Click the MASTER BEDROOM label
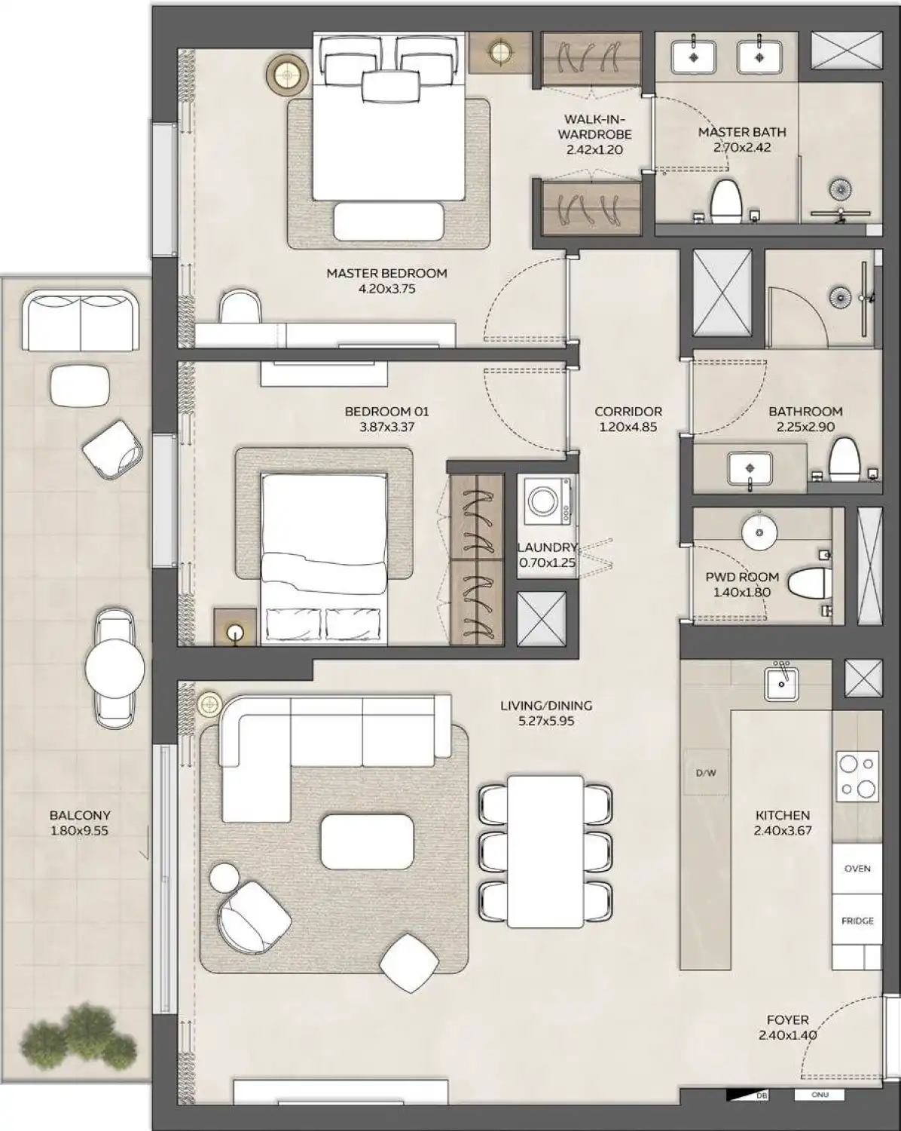pyautogui.click(x=386, y=273)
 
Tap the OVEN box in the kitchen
pyautogui.click(x=857, y=869)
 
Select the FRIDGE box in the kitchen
pyautogui.click(x=857, y=921)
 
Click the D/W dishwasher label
pyautogui.click(x=705, y=773)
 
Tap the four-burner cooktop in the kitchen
pyautogui.click(x=857, y=776)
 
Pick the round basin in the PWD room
pyautogui.click(x=759, y=533)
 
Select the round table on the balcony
pyautogui.click(x=115, y=667)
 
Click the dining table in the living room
pyautogui.click(x=545, y=851)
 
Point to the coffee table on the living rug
pyautogui.click(x=367, y=841)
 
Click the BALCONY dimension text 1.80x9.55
pyautogui.click(x=80, y=831)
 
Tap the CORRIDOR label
pyautogui.click(x=628, y=412)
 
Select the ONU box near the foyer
pyautogui.click(x=820, y=1115)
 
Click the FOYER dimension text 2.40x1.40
pyautogui.click(x=787, y=1034)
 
